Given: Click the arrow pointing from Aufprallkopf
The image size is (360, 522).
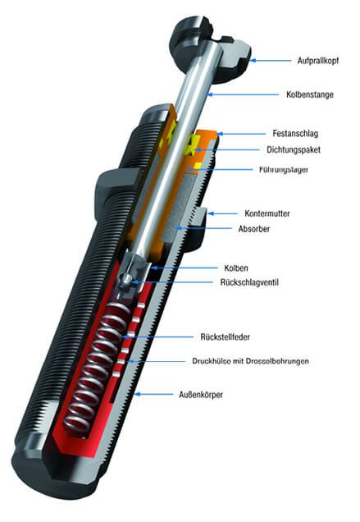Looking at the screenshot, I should point(270,60).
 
